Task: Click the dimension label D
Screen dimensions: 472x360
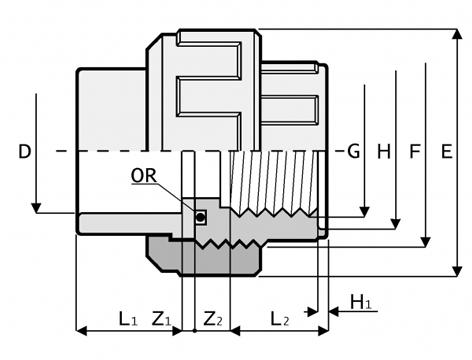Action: [24, 152]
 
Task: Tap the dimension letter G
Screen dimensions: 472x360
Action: [354, 151]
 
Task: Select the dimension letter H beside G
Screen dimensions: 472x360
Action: [384, 152]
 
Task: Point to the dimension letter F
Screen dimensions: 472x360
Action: [415, 151]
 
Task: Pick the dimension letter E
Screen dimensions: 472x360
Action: [447, 151]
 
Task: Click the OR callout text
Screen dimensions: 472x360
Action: [144, 176]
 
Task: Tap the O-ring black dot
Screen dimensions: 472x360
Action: [200, 217]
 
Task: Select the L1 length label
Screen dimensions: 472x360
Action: [128, 319]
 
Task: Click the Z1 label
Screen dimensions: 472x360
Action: [162, 319]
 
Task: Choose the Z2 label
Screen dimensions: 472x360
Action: [213, 319]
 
